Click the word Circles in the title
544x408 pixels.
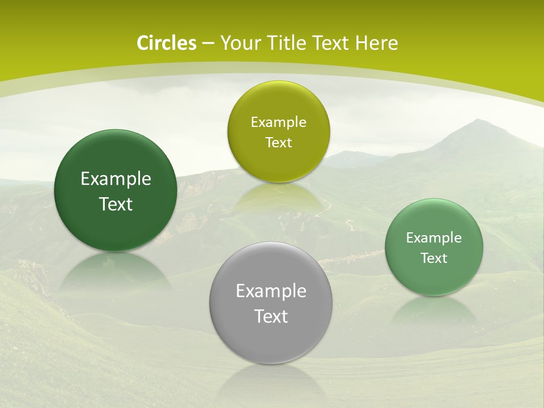point(166,43)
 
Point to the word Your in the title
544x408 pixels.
point(240,43)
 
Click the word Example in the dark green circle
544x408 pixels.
point(116,179)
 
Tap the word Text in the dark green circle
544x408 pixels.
point(116,204)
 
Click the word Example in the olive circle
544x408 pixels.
point(278,122)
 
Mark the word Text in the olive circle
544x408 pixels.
point(278,142)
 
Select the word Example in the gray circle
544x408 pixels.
point(271,291)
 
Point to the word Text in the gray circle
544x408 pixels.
point(271,316)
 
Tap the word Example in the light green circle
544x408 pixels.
point(434,237)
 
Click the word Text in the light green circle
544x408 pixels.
point(434,258)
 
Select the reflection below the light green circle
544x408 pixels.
point(433,312)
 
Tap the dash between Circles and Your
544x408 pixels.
point(207,44)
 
